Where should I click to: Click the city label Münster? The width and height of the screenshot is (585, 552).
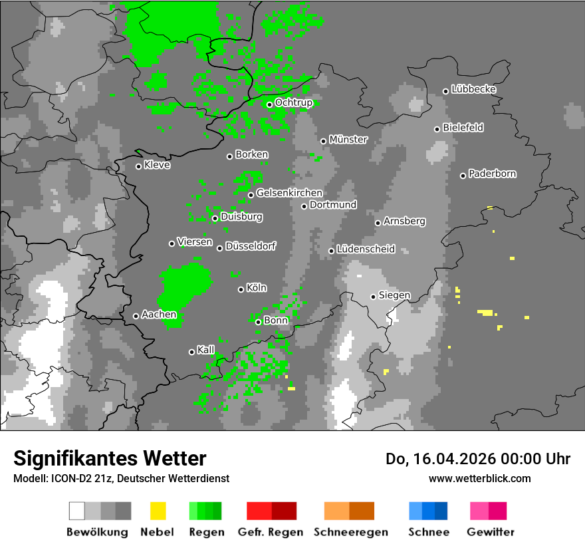click(x=348, y=140)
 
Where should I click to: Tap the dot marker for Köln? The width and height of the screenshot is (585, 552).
click(x=241, y=289)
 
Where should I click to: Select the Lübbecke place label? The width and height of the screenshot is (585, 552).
click(x=473, y=89)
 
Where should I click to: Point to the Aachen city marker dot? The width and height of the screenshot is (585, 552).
click(x=136, y=316)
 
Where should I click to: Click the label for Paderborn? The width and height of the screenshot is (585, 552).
click(x=492, y=174)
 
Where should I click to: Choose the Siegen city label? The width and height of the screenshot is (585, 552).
click(x=394, y=295)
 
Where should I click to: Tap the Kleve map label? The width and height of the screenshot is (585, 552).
click(x=157, y=165)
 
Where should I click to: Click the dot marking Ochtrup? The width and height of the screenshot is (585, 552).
click(x=269, y=104)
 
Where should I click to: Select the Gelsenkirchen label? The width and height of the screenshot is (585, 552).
click(x=289, y=193)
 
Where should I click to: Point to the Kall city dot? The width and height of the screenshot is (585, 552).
click(x=191, y=352)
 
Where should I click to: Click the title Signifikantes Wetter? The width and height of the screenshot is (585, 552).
click(x=110, y=459)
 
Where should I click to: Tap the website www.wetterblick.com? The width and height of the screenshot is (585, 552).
click(x=479, y=478)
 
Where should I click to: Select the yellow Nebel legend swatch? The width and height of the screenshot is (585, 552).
click(x=158, y=511)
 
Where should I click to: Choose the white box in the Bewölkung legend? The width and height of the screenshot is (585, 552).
click(x=77, y=511)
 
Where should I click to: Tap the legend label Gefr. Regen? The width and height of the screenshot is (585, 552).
click(x=271, y=532)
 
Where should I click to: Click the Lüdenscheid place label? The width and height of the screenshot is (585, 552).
click(x=366, y=249)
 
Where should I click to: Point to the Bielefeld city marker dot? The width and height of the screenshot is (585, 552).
click(x=437, y=129)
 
